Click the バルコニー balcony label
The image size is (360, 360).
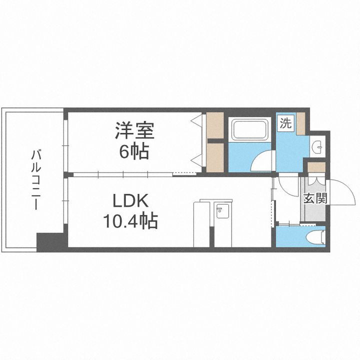[x=34, y=178]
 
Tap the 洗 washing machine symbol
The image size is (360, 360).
[x=285, y=123]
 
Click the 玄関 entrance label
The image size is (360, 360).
[x=314, y=198]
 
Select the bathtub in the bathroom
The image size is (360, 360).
[x=250, y=130]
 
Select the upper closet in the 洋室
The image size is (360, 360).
[x=215, y=126]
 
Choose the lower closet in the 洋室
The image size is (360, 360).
[x=215, y=157]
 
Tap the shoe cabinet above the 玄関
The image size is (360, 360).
[x=316, y=167]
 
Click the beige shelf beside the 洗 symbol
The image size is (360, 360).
[x=300, y=124]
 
